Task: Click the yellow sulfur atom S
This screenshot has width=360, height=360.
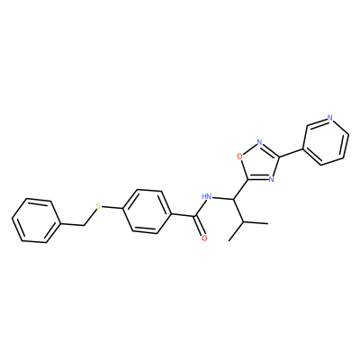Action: [x=98, y=206]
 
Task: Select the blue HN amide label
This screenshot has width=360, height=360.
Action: [x=207, y=197]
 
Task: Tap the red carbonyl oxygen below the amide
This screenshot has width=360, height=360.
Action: [x=204, y=238]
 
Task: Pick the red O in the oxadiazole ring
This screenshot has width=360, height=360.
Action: [x=239, y=157]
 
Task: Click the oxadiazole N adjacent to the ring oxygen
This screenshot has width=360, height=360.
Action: [x=260, y=142]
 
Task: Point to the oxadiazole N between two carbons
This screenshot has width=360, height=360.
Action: [x=271, y=179]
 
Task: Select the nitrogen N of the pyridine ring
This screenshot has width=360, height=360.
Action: [x=330, y=118]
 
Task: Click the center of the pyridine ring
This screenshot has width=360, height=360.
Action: [x=326, y=141]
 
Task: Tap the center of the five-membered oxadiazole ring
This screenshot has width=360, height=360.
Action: [x=260, y=162]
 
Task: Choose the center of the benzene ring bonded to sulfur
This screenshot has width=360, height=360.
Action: [x=147, y=211]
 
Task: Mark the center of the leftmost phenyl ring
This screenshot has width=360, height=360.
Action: [x=36, y=220]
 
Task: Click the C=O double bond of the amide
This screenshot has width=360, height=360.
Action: [x=200, y=228]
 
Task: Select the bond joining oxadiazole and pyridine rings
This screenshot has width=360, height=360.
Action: [x=291, y=153]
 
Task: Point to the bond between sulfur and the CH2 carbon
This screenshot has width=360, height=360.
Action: [x=91, y=216]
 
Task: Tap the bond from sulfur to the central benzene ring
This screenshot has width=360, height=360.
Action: [x=112, y=207]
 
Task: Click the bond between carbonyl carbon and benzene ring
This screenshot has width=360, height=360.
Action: [x=184, y=215]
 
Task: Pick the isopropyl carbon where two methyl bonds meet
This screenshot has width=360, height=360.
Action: [x=245, y=222]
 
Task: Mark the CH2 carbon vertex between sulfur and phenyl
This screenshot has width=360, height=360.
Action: [x=85, y=224]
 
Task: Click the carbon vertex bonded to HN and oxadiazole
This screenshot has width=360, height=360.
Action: [x=234, y=199]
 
